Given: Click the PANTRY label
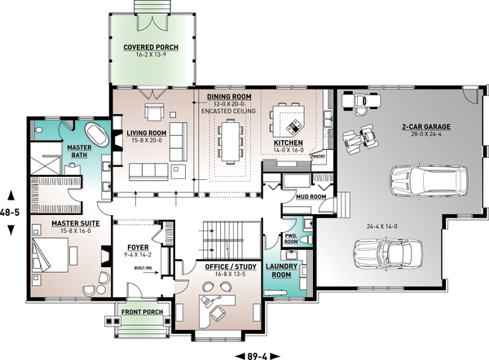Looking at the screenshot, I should pos(319,155).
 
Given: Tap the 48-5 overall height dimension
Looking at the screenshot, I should pos(10,211).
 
